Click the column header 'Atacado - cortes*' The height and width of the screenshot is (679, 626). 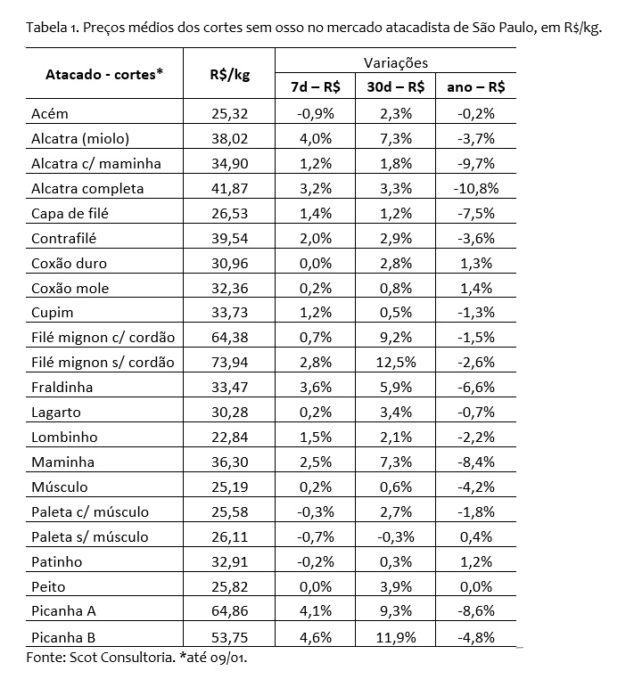point(104,74)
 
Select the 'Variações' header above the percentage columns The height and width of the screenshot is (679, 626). point(396,62)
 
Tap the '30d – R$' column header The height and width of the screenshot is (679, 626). point(396,86)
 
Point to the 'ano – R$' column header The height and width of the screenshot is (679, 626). point(476,86)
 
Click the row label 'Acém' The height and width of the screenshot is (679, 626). point(49,113)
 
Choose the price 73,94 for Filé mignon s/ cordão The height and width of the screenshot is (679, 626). point(227,362)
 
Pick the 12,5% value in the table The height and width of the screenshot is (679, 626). point(396,362)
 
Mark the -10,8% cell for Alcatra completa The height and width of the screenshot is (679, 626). point(476,188)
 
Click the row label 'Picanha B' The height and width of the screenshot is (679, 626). point(64,636)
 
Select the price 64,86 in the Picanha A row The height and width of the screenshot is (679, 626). point(227,611)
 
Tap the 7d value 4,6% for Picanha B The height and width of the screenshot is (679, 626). point(316,636)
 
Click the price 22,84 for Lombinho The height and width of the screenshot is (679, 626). point(227,437)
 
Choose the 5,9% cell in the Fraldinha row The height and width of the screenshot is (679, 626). point(396,387)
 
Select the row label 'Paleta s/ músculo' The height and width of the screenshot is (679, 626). point(89,536)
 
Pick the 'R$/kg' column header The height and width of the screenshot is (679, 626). point(228,74)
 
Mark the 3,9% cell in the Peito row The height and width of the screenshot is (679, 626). point(396,586)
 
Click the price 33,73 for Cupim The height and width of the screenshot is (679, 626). point(227,313)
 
